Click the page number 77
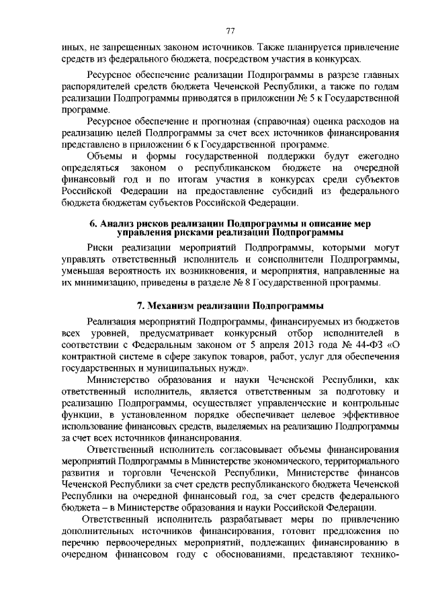pos(230,31)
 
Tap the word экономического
pos(280,462)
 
